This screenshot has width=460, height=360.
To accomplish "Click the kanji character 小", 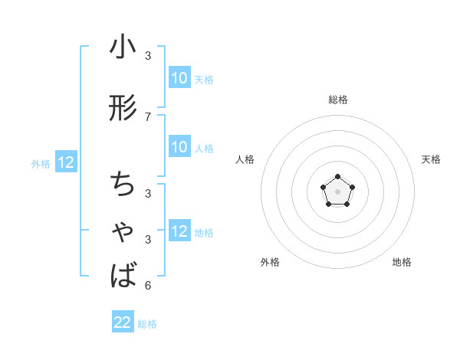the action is (x=123, y=48).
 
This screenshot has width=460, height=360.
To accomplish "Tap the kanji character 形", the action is (x=123, y=109).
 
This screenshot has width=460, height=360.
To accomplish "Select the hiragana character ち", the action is (x=123, y=184).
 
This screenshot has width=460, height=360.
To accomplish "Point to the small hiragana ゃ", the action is (x=123, y=233).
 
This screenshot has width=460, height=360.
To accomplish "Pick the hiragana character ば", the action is (x=123, y=275).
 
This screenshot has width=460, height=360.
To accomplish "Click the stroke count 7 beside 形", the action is (x=148, y=116).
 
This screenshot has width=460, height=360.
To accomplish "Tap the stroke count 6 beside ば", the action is (x=148, y=286).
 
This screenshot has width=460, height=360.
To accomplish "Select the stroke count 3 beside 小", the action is (x=148, y=56).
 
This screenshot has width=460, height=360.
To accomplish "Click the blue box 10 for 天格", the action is (x=179, y=78).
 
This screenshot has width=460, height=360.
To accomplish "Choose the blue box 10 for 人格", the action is (x=179, y=147).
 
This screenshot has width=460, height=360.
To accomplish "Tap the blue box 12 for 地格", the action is (x=179, y=232).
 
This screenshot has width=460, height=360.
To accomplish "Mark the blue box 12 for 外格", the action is (x=65, y=162).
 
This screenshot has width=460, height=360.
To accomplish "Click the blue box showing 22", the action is (x=123, y=322).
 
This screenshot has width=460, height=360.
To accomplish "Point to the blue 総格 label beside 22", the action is (x=147, y=324).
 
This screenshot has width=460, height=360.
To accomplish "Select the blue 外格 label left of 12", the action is (x=41, y=163).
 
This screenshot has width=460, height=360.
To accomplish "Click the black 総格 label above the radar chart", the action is (x=337, y=100).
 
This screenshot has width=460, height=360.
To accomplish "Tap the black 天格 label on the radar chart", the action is (x=431, y=159).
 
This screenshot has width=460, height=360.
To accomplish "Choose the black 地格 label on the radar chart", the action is (x=402, y=262).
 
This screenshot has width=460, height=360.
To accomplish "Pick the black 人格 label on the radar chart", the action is (x=245, y=159).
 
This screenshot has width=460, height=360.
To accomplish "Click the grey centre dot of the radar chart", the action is (x=337, y=191).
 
